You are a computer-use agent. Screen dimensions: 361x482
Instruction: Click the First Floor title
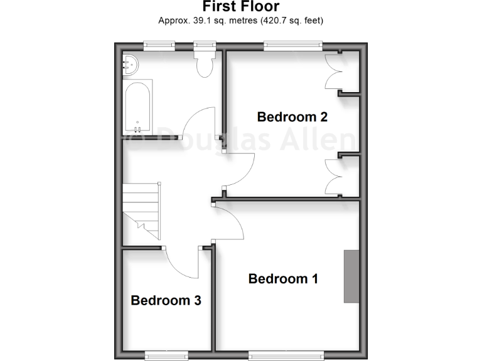click(x=241, y=6)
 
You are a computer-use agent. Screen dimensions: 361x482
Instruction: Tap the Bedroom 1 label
click(x=283, y=279)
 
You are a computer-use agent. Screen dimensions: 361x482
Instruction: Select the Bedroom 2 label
click(x=292, y=117)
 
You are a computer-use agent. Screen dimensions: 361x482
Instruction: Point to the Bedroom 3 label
click(x=166, y=300)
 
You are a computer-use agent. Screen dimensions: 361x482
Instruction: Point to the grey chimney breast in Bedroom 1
click(x=351, y=276)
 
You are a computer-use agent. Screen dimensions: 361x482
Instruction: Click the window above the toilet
click(x=204, y=44)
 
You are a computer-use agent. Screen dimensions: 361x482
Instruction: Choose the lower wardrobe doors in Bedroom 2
click(x=332, y=175)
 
